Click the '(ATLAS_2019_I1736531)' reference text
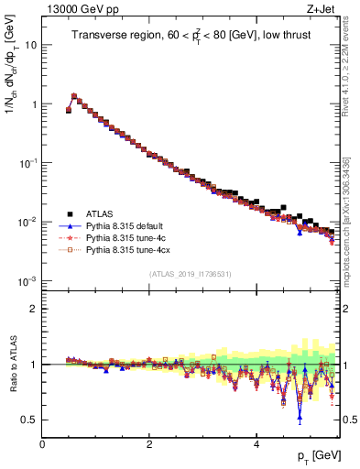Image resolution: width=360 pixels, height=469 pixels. (x=191, y=273)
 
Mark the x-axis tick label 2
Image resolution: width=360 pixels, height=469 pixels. (x=148, y=445)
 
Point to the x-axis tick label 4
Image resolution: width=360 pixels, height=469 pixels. (x=256, y=445)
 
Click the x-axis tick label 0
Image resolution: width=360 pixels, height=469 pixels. (x=42, y=445)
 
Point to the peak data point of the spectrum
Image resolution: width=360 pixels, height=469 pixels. (x=74, y=95)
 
